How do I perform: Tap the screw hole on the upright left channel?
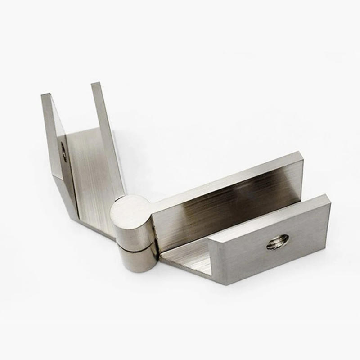[64, 152]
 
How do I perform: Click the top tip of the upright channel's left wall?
[46, 95]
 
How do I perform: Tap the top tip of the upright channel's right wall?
[95, 84]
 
